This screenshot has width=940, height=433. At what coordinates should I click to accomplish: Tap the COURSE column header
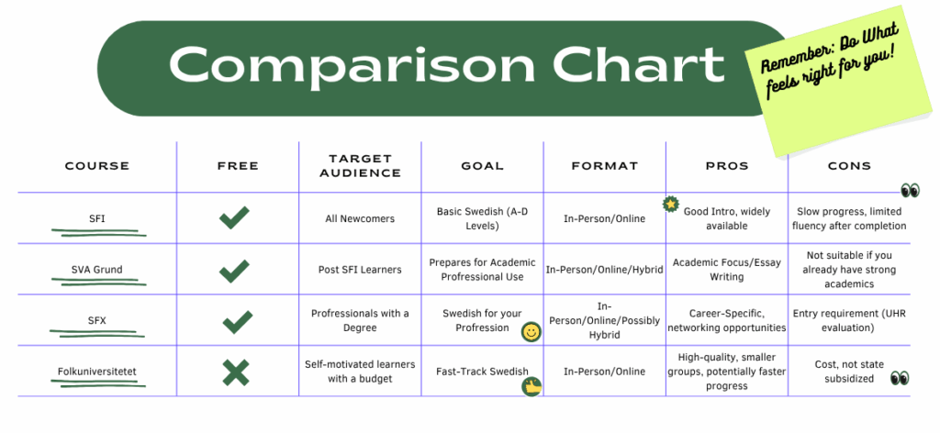pos(97,166)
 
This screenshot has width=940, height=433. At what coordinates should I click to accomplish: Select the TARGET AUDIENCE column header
pos(360,166)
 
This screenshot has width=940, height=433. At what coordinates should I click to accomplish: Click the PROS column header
pos(727,166)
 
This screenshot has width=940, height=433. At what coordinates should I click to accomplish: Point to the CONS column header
pos(848,166)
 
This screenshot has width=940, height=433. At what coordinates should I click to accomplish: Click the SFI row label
pos(97,218)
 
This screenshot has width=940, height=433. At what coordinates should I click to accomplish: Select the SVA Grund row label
pos(97,270)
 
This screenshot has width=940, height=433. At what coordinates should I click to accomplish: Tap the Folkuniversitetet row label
pos(97,372)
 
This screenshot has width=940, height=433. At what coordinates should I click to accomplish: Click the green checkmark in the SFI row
pos(235,218)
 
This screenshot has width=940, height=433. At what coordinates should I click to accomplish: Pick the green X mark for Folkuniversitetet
pos(236,372)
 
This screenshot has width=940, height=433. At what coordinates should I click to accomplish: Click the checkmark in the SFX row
pos(237,321)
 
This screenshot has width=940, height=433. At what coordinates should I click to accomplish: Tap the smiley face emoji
pos(530,332)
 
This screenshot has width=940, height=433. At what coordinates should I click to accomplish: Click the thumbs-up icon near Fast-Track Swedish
pos(532,387)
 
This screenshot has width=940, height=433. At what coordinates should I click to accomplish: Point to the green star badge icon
pos(671,204)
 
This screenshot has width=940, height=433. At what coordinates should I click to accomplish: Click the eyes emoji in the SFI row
pos(910,191)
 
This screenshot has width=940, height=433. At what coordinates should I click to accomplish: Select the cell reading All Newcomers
pos(360,218)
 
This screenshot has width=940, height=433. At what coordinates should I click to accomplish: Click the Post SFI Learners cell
pos(360,270)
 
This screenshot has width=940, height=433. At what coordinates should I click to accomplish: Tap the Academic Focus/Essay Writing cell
pos(727,270)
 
